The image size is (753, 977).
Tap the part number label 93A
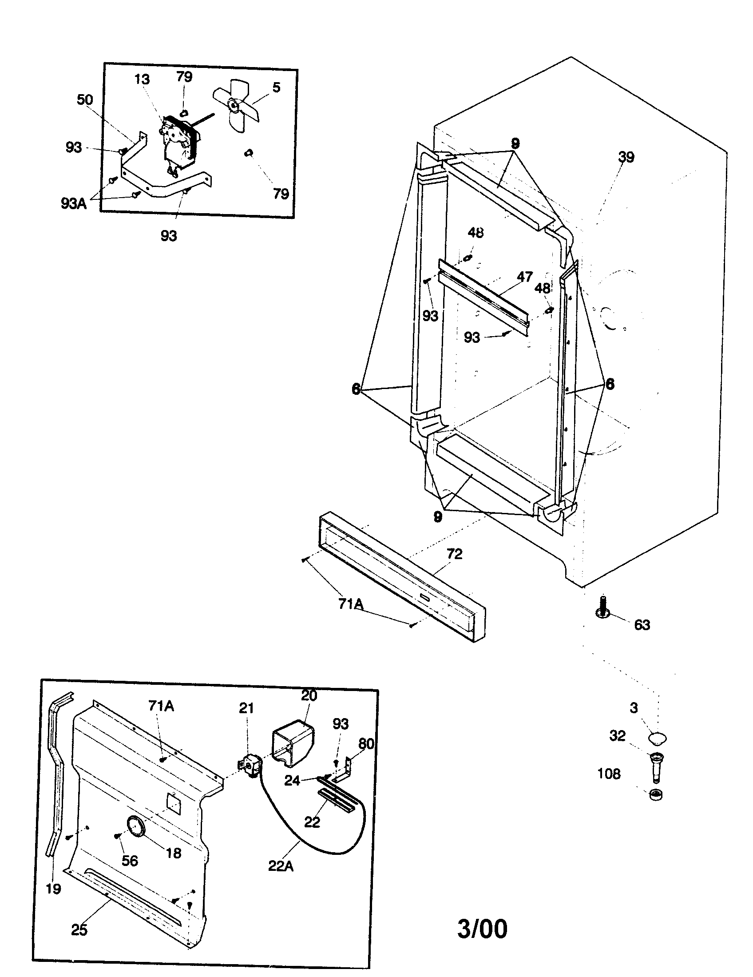[74, 203]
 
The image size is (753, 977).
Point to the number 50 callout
[85, 100]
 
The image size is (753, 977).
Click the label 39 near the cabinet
[626, 157]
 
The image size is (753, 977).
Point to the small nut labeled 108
[655, 794]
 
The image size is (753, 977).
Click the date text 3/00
[482, 929]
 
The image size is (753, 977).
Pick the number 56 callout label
[130, 860]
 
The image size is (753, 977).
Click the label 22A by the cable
[280, 866]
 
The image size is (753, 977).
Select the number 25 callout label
[79, 929]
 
